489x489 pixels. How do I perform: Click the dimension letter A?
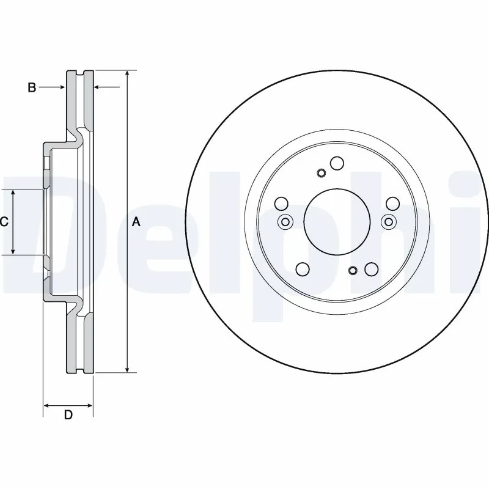click(x=136, y=222)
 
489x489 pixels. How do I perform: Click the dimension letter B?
click(x=32, y=88)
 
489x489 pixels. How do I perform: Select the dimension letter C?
click(x=4, y=222)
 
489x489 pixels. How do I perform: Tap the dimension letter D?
click(x=68, y=416)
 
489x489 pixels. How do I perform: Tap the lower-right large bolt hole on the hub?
click(x=370, y=269)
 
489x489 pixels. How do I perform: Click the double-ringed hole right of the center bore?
click(x=387, y=222)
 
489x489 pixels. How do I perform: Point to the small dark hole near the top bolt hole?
click(x=321, y=173)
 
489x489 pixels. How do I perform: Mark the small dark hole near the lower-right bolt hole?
click(x=352, y=270)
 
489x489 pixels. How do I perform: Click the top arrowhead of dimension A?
click(x=127, y=74)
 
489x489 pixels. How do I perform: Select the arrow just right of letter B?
click(x=60, y=88)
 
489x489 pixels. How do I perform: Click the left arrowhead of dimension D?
click(x=48, y=405)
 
